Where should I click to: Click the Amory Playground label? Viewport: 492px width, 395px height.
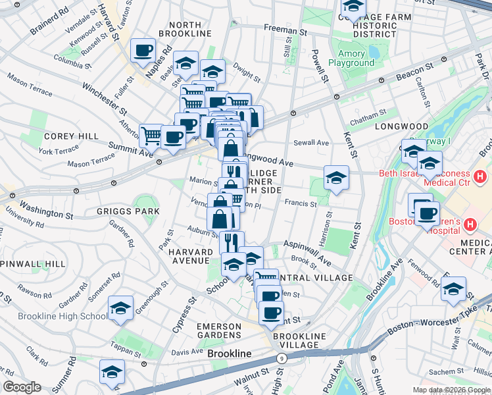[x=356, y=59]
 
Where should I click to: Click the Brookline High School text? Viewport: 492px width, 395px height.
[x=54, y=316]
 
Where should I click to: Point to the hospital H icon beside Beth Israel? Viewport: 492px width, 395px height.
[x=480, y=176]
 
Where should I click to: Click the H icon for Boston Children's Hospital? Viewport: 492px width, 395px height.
[x=470, y=224]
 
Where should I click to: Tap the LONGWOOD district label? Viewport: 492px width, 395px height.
[x=401, y=126]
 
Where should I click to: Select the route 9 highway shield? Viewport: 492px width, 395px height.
[x=282, y=358]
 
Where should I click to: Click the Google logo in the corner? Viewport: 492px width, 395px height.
[x=22, y=387]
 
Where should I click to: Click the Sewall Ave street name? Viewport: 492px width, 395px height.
[x=311, y=142]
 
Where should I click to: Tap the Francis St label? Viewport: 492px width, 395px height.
[x=301, y=204]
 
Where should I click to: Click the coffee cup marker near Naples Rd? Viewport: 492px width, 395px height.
[x=143, y=50]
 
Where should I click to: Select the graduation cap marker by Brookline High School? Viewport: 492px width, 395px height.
[x=120, y=308]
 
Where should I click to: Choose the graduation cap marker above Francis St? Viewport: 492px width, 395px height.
[x=336, y=178]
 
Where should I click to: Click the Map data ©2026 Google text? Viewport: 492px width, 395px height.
[x=451, y=390]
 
